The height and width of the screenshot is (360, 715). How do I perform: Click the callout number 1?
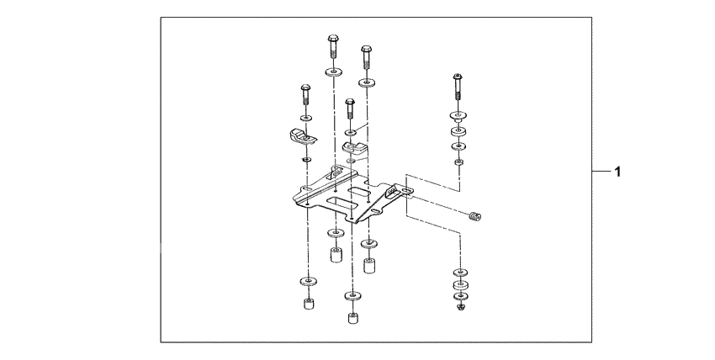[x=617, y=173]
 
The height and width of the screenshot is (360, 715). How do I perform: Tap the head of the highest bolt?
[x=331, y=39]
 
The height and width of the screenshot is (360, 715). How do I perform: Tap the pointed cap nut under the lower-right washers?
[x=460, y=306]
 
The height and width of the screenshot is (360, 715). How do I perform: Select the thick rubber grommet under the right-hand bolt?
[x=459, y=131]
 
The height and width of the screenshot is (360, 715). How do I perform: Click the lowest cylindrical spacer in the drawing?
[x=351, y=319]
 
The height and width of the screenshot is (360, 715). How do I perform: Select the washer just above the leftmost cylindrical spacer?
[x=307, y=281]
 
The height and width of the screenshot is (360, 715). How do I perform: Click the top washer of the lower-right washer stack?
[x=460, y=273]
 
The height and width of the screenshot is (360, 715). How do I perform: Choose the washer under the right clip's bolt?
[x=350, y=132]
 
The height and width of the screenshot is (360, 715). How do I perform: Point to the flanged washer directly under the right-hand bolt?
[x=458, y=116]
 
